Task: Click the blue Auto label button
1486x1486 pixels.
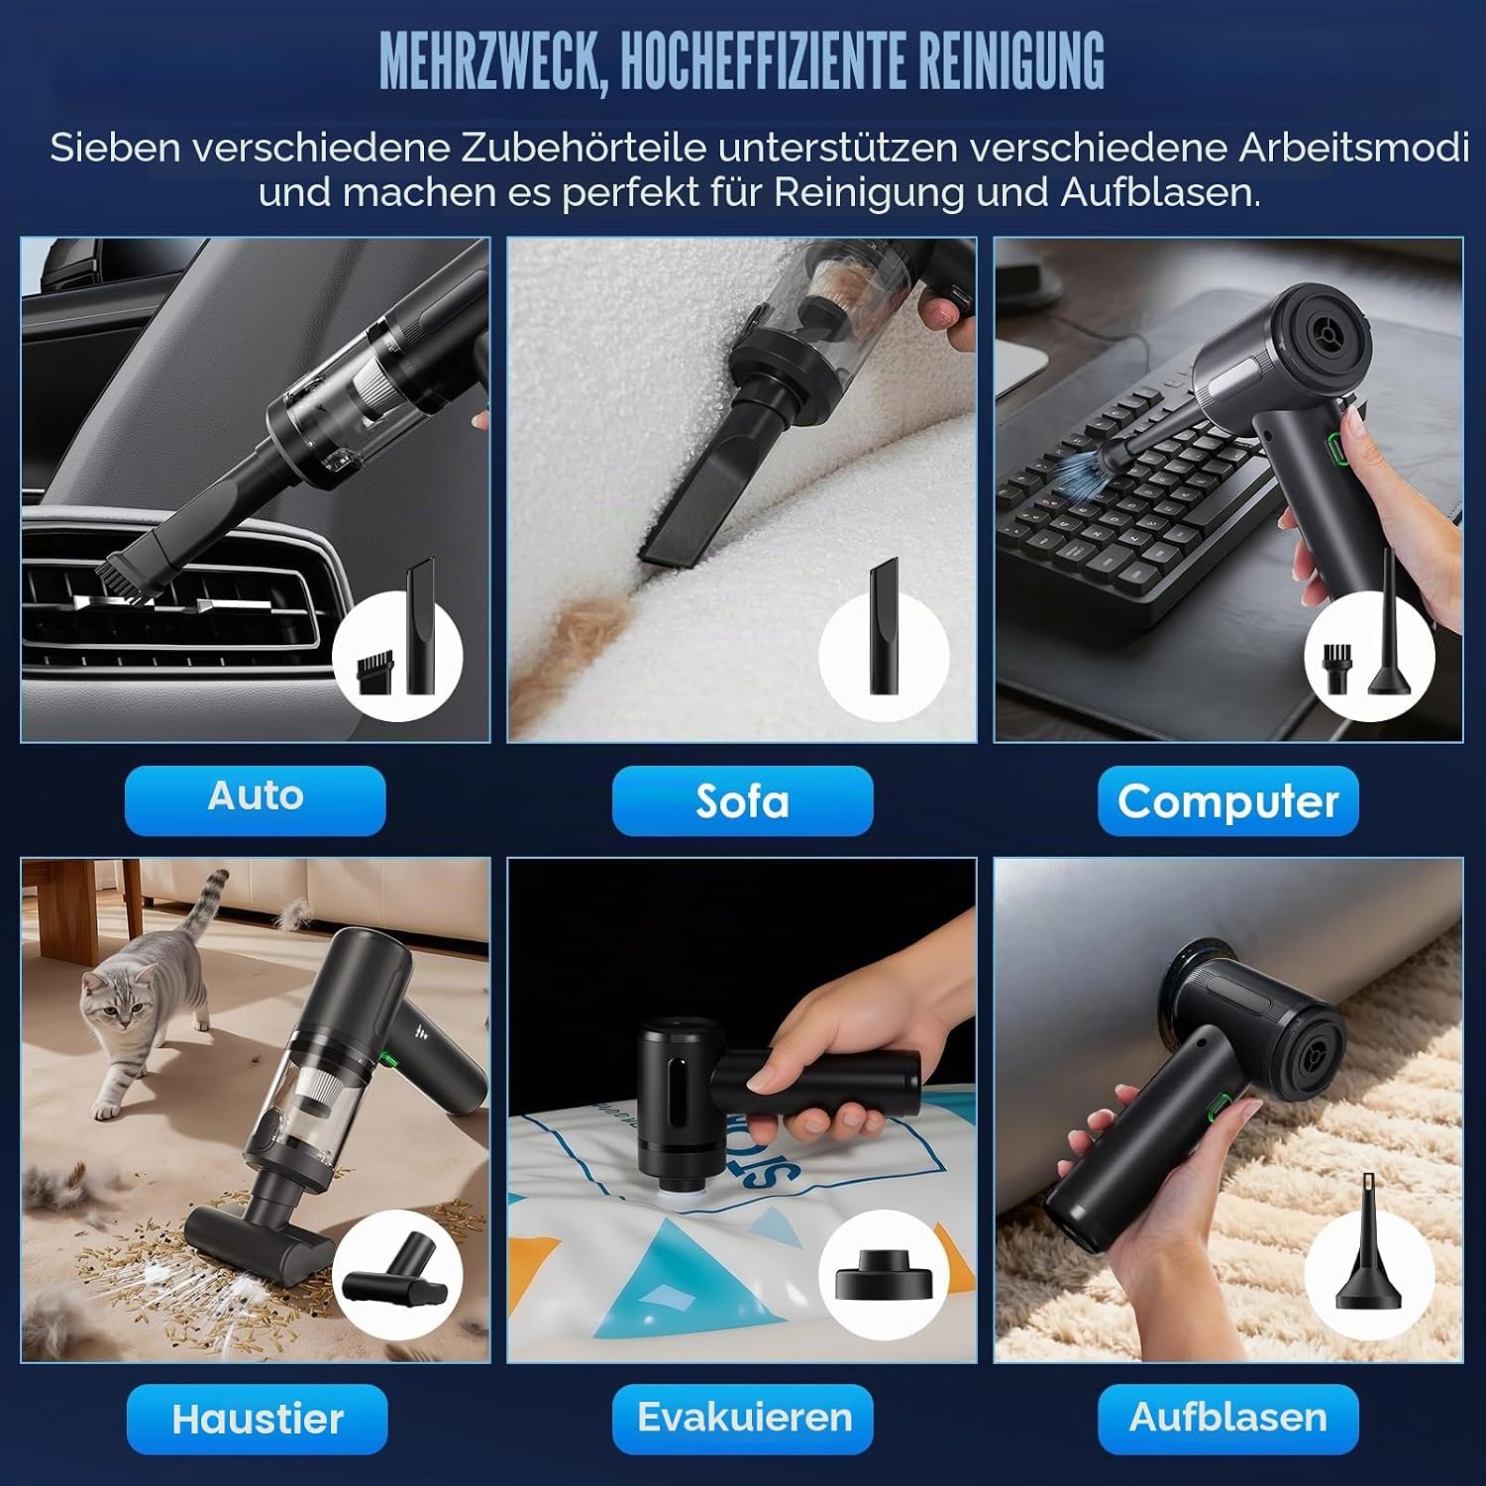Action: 255,799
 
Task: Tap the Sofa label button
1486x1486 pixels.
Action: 742,800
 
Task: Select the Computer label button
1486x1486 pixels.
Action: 1227,800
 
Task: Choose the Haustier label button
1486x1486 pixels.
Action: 257,1419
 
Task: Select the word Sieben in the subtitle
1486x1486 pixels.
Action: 115,148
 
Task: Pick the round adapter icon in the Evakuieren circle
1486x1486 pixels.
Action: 882,1276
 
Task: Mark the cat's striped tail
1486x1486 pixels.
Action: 202,905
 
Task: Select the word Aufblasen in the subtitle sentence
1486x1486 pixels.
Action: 1160,192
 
